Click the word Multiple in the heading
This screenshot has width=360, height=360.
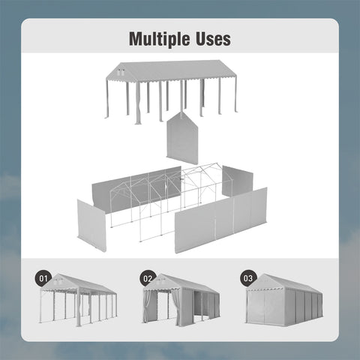[x=159, y=39]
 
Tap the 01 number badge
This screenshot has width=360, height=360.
[x=43, y=278]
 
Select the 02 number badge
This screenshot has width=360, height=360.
[x=148, y=278]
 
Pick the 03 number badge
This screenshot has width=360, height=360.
[x=248, y=278]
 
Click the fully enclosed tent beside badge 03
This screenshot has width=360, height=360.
[x=284, y=300]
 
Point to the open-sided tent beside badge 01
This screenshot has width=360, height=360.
[x=79, y=300]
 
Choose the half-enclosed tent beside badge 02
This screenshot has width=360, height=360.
[x=181, y=300]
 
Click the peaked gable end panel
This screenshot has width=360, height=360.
[x=182, y=138]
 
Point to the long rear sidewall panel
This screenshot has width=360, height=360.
[x=137, y=190]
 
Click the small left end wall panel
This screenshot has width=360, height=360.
[x=91, y=226]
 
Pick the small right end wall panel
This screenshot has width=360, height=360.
[x=238, y=181]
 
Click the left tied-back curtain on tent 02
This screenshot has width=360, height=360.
[x=148, y=307]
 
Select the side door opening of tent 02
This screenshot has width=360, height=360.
[x=197, y=305]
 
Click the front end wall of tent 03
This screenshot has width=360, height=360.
[x=265, y=307]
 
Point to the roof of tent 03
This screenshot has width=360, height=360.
[x=287, y=283]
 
